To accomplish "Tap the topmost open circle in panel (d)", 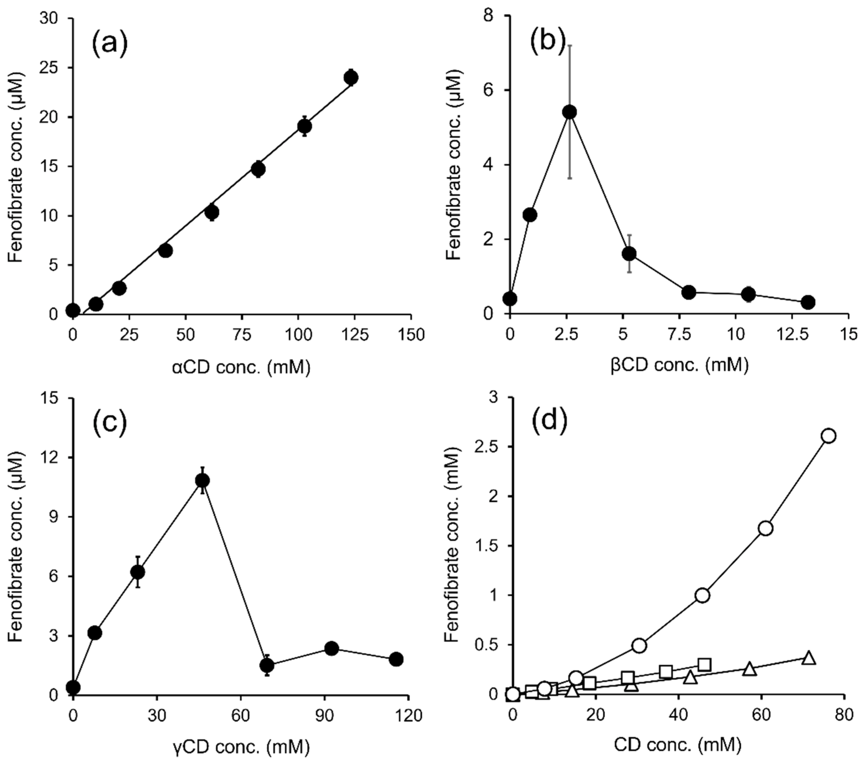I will [829, 436].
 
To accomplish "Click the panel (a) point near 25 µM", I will [351, 78].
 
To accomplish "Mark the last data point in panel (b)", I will [808, 302].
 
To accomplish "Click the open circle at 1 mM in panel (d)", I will [702, 595].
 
